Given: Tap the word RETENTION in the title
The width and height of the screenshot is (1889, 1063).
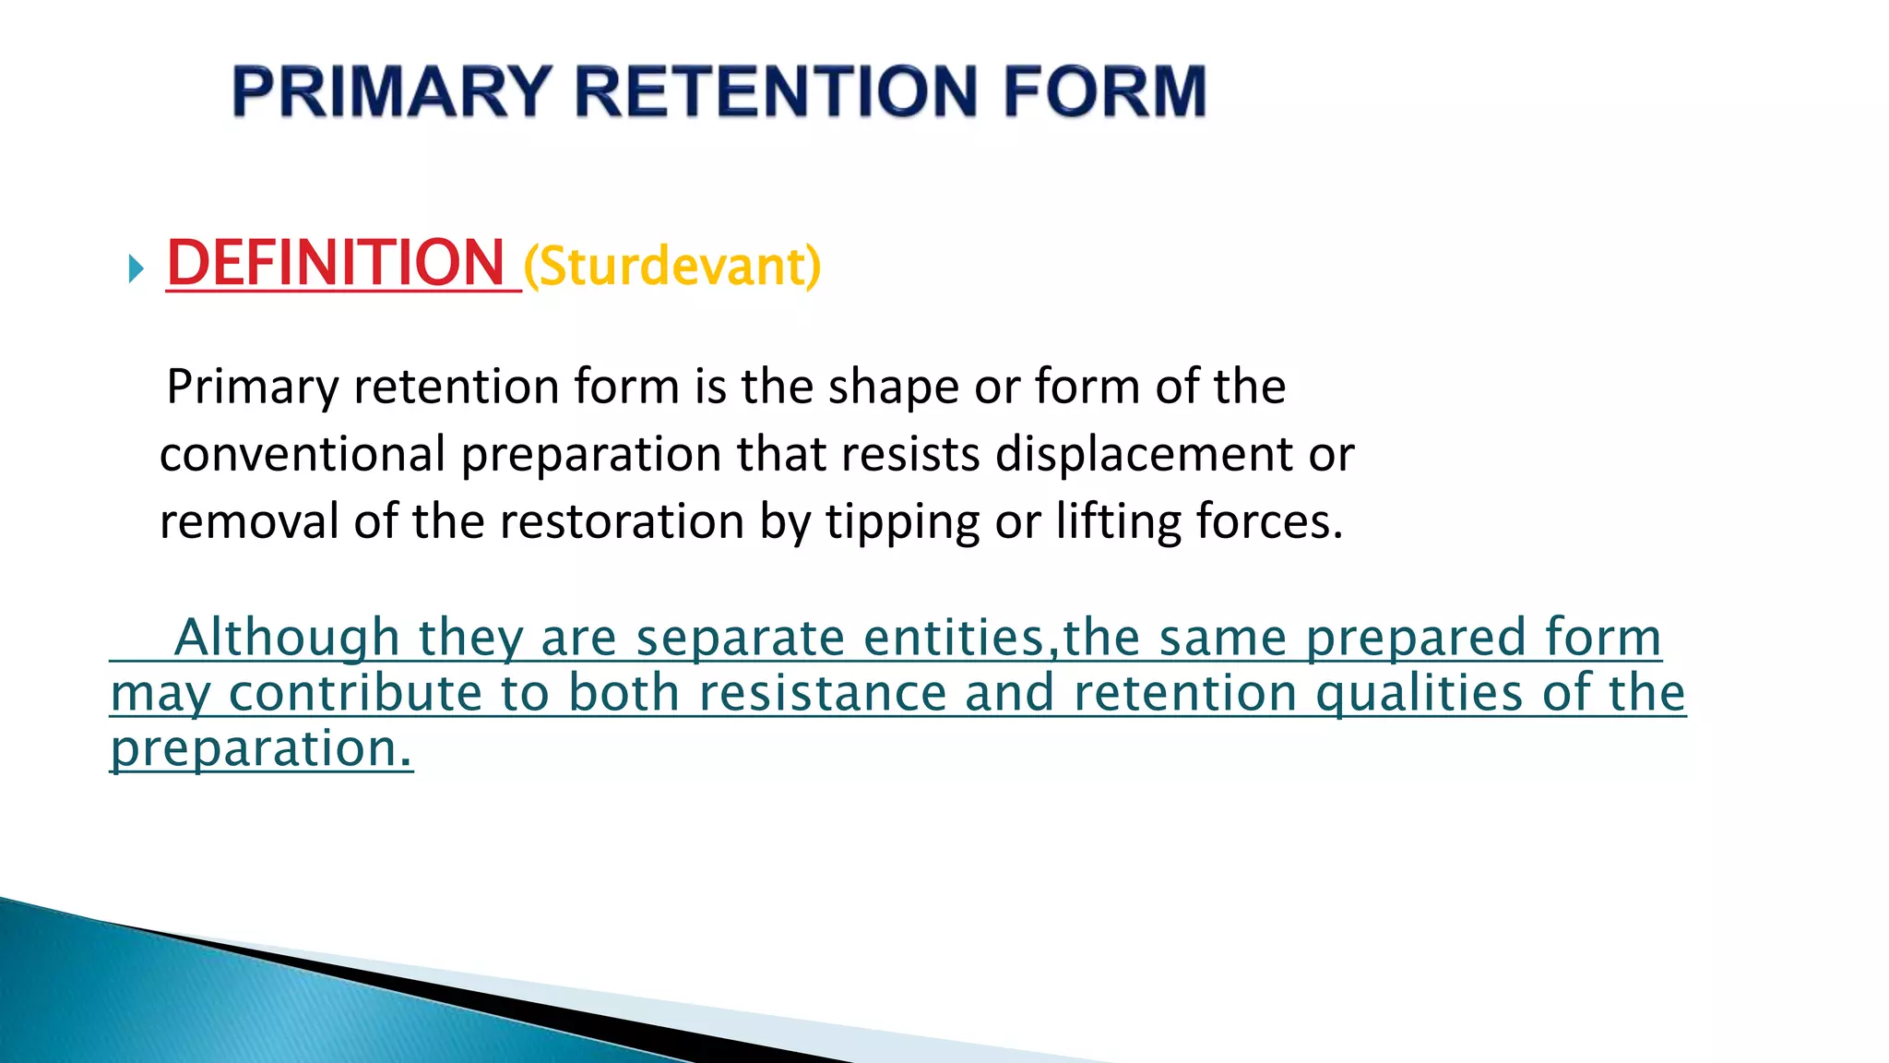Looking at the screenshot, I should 776,92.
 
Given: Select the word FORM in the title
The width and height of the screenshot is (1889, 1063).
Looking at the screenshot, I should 1104,92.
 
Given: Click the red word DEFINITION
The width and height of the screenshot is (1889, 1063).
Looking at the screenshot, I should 336,264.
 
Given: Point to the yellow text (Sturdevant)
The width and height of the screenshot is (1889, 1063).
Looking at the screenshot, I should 671,267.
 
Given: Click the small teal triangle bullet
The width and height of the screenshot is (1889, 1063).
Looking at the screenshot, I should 137,269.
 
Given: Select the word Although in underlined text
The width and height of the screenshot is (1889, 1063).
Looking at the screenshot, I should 287,639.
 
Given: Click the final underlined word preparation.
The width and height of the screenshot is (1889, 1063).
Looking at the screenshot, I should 261,748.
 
